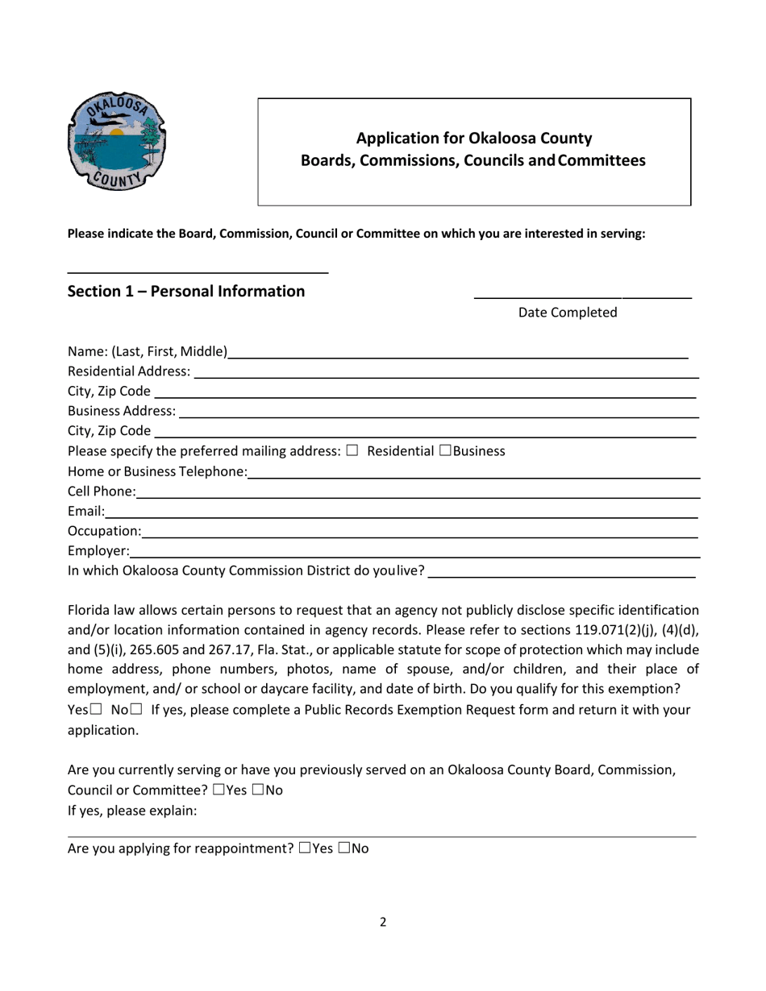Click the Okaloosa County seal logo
117,140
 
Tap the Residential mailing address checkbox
352,450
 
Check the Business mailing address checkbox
445,450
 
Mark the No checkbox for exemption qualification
135,710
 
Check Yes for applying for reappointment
305,848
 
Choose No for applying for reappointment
344,848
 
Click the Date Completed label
568,313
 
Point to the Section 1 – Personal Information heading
186,291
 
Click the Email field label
85,511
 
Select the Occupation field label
104,531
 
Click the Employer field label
98,551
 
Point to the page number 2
383,923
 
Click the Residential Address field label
129,371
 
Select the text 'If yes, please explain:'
132,811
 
